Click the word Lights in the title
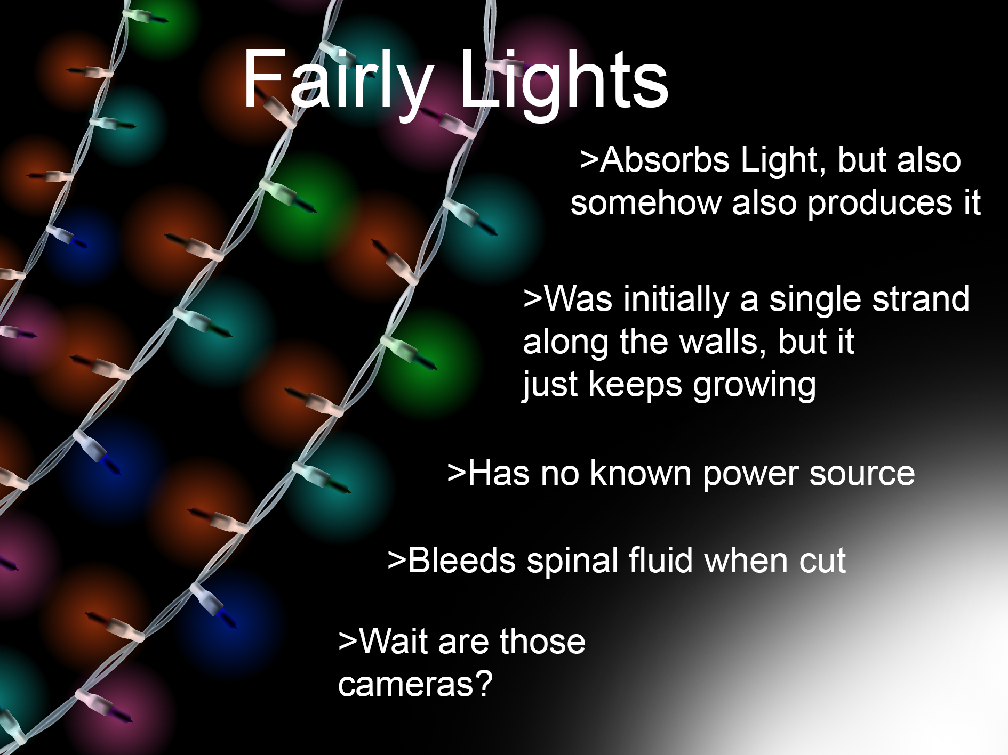563,80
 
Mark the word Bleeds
461,561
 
